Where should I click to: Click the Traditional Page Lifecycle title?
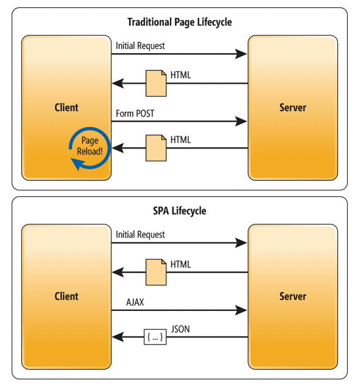[180, 22]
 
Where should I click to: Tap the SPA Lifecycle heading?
[180, 211]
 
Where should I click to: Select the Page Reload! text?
[90, 146]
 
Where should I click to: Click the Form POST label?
[135, 114]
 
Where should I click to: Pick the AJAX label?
[135, 302]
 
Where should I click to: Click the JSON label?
[180, 329]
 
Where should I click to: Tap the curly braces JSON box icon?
[155, 337]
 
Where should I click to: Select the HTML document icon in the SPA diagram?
[156, 272]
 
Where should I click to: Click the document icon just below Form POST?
[156, 148]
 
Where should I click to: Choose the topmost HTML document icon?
[156, 83]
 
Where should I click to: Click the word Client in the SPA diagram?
[67, 296]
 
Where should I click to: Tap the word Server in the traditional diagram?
[293, 108]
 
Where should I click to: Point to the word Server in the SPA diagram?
[293, 296]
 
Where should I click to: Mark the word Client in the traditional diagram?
[67, 108]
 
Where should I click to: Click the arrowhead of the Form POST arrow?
[241, 122]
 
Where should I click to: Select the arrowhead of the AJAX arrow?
[241, 310]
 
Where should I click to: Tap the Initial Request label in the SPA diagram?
[140, 235]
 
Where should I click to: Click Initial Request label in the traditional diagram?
[140, 46]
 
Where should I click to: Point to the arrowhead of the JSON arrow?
[118, 337]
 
